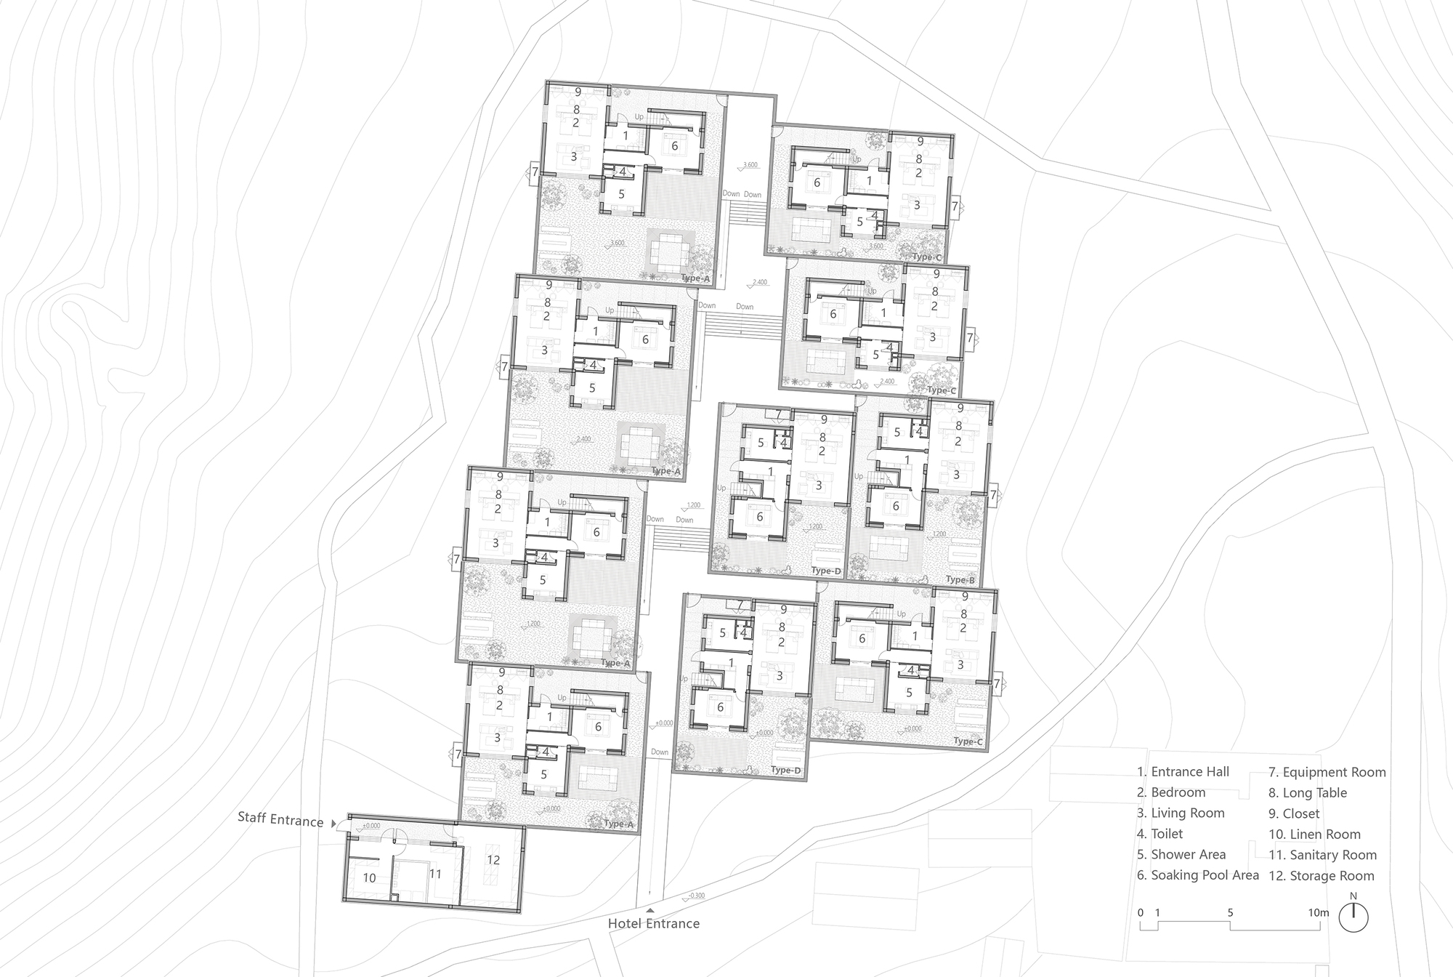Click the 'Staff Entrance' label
[280, 820]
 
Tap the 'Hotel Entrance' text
[653, 923]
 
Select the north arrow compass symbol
[1353, 917]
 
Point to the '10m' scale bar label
[1319, 912]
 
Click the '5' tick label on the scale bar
[1230, 912]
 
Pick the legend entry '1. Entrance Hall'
[1183, 771]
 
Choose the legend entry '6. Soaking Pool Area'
[1197, 875]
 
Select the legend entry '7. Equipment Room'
[1327, 772]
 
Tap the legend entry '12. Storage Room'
[1322, 876]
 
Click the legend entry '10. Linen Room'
[1314, 835]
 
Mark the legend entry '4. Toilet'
[1159, 834]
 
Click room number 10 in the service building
[369, 878]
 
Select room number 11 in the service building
[435, 874]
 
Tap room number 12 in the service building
[493, 860]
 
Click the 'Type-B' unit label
[960, 580]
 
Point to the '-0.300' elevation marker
[695, 896]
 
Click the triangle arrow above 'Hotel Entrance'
[650, 909]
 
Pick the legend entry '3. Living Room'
[1181, 813]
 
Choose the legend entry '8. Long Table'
[1308, 792]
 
